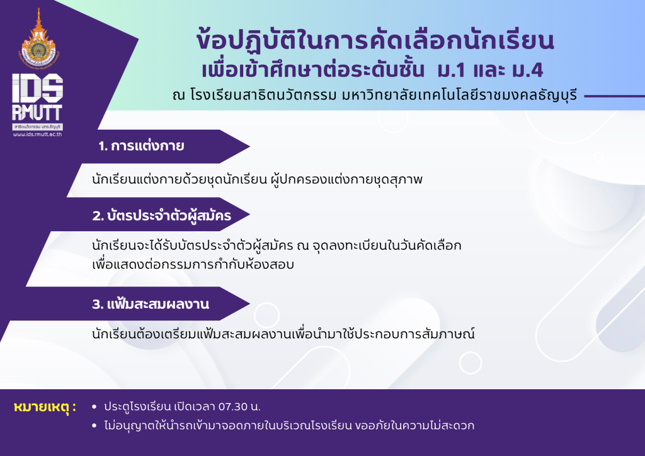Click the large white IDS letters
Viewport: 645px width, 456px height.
[x=37, y=88]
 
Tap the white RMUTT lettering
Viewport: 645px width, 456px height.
[x=37, y=112]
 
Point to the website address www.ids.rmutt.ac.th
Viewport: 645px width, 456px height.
[x=37, y=134]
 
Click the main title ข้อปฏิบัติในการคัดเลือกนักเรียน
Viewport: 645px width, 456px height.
[x=375, y=41]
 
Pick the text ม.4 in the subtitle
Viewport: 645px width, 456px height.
[x=528, y=71]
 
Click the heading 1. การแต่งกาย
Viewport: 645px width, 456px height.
[x=141, y=145]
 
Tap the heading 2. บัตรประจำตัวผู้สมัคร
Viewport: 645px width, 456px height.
[x=162, y=215]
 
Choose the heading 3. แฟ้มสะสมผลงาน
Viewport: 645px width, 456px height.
[x=151, y=304]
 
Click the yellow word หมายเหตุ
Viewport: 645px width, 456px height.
[x=45, y=407]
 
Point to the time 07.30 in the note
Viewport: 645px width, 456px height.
[x=233, y=407]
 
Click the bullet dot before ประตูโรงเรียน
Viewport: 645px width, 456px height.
[x=94, y=407]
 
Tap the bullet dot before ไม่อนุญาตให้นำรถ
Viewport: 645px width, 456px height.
[x=94, y=426]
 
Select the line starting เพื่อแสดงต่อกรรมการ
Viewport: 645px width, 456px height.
[x=193, y=264]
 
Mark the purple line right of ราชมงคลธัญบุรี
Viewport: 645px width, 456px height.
[x=615, y=96]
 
